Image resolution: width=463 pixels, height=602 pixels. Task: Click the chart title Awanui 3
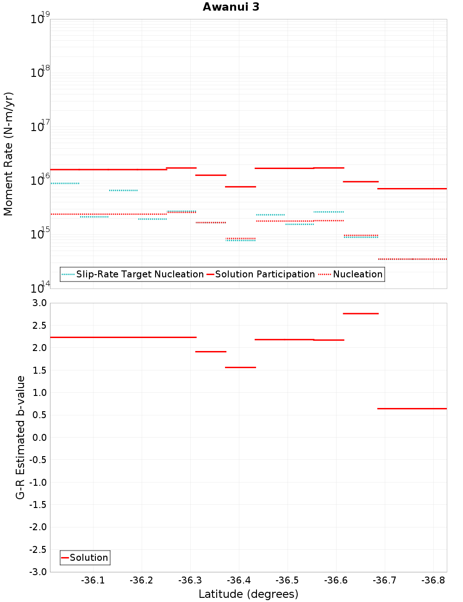(231, 7)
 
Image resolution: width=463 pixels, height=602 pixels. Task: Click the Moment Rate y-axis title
(8, 154)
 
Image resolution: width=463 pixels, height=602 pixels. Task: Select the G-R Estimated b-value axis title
(20, 437)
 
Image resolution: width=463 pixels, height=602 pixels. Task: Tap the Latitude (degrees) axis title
(248, 594)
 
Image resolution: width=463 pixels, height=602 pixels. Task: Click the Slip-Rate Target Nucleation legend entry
(139, 274)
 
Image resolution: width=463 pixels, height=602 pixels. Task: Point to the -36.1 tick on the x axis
(93, 580)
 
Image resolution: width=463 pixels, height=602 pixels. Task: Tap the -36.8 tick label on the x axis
(433, 580)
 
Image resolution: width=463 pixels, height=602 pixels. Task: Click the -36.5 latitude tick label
(287, 580)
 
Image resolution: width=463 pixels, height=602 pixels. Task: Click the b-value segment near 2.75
(361, 314)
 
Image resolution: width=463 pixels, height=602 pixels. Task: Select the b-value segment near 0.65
(412, 408)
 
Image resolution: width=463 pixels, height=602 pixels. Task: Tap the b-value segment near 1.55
(240, 367)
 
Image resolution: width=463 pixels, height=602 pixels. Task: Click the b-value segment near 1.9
(211, 351)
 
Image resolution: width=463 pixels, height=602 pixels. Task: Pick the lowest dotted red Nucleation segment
(412, 259)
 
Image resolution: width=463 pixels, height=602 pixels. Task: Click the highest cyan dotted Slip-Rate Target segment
(65, 183)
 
